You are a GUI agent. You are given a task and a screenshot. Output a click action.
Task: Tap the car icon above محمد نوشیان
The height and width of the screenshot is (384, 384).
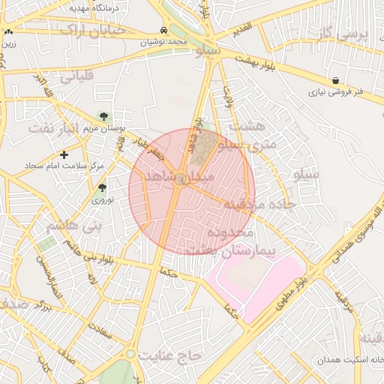(x=163, y=31)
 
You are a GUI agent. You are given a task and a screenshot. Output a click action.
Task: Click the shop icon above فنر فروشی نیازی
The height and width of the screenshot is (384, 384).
(x=334, y=80)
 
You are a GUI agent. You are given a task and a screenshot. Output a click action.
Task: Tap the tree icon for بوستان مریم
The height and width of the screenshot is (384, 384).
(x=103, y=117)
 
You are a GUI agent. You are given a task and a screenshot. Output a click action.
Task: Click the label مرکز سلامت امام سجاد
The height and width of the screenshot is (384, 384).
(x=63, y=165)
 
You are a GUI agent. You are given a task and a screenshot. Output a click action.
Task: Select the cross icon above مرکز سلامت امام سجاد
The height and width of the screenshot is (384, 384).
(x=64, y=154)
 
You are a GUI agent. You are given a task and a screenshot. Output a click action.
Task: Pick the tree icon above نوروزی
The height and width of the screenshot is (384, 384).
(x=102, y=188)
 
